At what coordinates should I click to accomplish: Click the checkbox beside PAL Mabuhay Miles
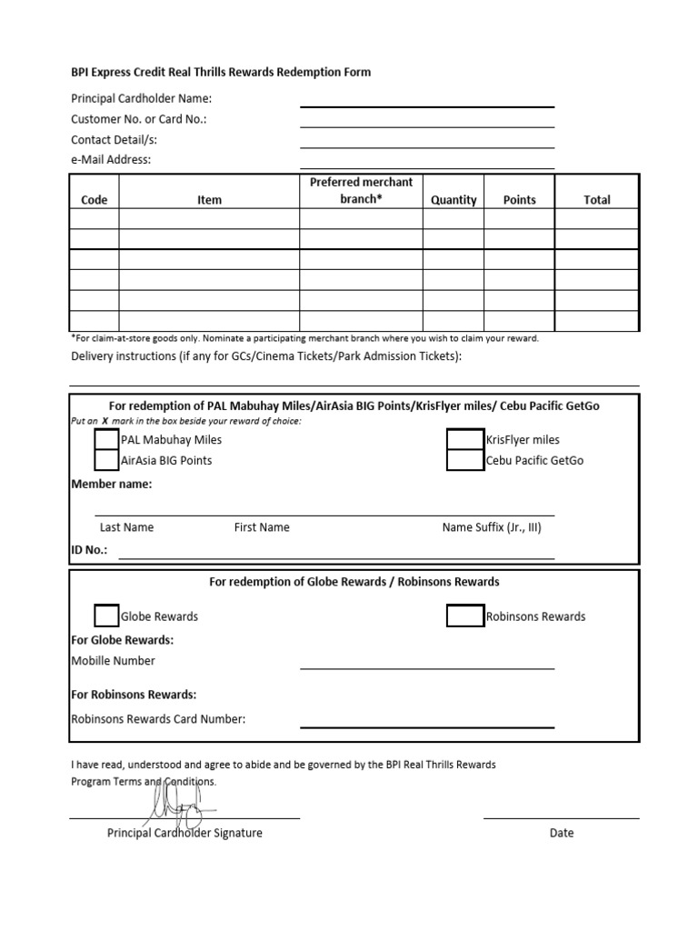coord(106,439)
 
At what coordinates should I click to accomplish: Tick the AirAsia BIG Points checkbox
coord(106,460)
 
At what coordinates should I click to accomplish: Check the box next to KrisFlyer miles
coord(464,439)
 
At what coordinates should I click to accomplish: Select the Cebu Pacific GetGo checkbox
coord(464,460)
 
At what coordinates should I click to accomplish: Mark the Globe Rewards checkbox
coord(106,616)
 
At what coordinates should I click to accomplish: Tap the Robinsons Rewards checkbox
coord(464,616)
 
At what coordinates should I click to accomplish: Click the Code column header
coord(95,200)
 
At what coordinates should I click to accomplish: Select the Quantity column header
coord(454,200)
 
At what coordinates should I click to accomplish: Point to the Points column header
coord(520,200)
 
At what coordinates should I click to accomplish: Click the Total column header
coord(597,200)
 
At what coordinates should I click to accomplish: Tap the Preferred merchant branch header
coord(361,190)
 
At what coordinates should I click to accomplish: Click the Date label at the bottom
coord(562,833)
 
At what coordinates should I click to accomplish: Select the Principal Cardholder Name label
coord(141,99)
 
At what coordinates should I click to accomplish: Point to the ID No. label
coord(89,550)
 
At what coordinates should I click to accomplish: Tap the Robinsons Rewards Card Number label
coord(158,719)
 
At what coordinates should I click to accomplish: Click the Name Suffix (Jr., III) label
coord(492,527)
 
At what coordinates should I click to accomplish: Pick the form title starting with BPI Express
coord(221,72)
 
